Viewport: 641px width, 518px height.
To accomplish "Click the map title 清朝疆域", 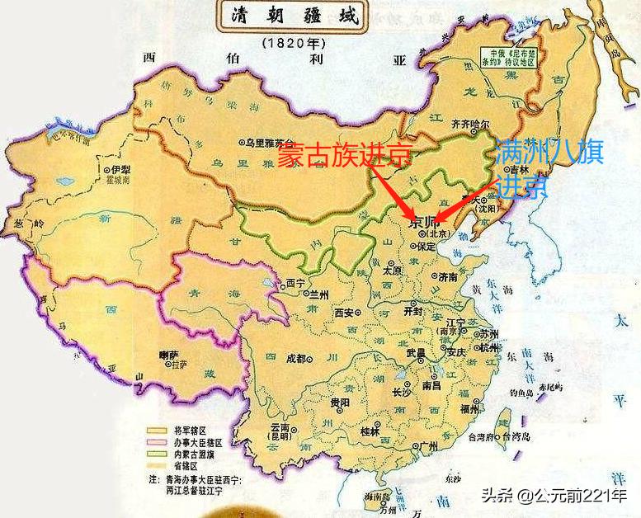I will coord(290,16).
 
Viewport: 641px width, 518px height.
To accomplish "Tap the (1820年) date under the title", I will coord(291,41).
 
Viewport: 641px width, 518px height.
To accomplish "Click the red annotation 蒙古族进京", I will coord(343,155).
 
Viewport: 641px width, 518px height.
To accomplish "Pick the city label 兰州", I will coord(318,294).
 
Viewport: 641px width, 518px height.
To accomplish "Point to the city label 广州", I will coord(427,446).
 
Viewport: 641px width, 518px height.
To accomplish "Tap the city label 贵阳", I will coord(339,402).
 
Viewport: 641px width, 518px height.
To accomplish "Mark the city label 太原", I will coord(393,270).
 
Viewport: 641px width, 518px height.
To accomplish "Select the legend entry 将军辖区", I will coord(191,431).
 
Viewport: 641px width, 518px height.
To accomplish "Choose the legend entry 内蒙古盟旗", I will coord(195,453).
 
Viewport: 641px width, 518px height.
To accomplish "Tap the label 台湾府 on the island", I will coord(485,437).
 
